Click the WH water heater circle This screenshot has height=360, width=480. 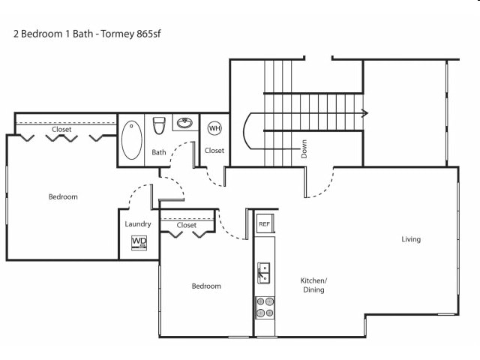coord(214,128)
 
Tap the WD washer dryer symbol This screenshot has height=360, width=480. coord(139,243)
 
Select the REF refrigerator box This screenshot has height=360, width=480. coord(265,223)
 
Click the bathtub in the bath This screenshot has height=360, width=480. coord(132,140)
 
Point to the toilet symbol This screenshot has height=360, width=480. coord(159,125)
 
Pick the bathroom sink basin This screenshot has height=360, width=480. coord(184,123)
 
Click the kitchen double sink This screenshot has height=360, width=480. coord(263,273)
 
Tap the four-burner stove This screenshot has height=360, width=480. coord(265,307)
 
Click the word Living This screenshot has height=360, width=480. coord(411,239)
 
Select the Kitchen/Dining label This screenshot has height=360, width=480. coord(313,285)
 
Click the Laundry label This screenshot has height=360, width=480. coord(138,224)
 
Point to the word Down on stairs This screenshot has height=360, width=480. coord(304,149)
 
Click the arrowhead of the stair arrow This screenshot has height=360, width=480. coord(364,113)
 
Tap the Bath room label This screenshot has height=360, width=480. coord(159,152)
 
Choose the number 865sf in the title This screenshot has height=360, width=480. coord(148,34)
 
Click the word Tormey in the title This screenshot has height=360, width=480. coord(117,34)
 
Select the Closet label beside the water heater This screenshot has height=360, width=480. coord(214,151)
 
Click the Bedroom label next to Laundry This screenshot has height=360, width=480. coord(63,196)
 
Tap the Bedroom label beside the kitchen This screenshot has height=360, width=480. coord(206,286)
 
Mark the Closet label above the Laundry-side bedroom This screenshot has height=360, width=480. coord(61,130)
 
